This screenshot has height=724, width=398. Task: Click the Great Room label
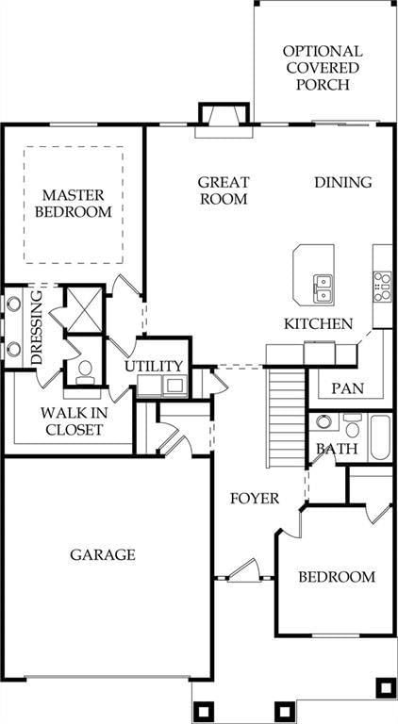click(x=224, y=190)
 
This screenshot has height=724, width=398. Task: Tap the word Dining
click(x=343, y=182)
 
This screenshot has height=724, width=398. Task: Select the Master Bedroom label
click(x=74, y=204)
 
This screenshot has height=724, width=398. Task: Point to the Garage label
click(x=103, y=554)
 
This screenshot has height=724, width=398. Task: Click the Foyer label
click(x=255, y=499)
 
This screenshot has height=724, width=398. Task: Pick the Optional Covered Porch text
click(x=323, y=68)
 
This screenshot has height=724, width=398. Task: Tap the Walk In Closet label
click(x=74, y=421)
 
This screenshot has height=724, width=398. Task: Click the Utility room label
click(x=154, y=366)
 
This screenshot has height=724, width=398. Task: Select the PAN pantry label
click(x=348, y=388)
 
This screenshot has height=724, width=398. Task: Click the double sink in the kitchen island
click(x=323, y=288)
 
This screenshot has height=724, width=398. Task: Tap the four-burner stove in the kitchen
click(x=382, y=287)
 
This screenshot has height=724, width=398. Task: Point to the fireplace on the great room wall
click(x=224, y=120)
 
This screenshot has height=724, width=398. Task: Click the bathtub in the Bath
click(x=380, y=436)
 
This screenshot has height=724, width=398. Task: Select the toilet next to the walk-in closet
click(x=86, y=372)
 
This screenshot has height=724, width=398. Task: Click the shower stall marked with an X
click(x=85, y=309)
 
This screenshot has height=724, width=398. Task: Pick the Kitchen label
click(x=318, y=323)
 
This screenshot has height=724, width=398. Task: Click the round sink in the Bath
click(x=323, y=422)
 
